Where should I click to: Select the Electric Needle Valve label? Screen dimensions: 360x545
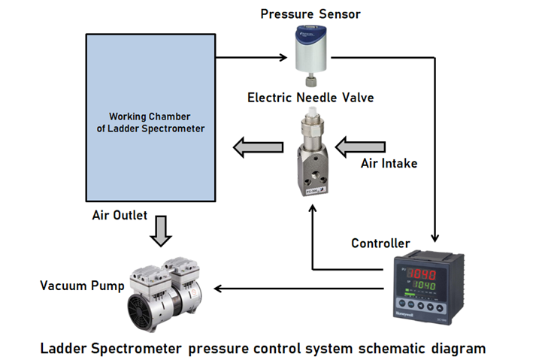[310, 98]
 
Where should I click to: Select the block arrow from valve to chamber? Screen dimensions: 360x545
[256, 147]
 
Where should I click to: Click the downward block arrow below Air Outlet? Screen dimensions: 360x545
[160, 232]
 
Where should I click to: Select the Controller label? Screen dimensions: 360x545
[380, 244]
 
